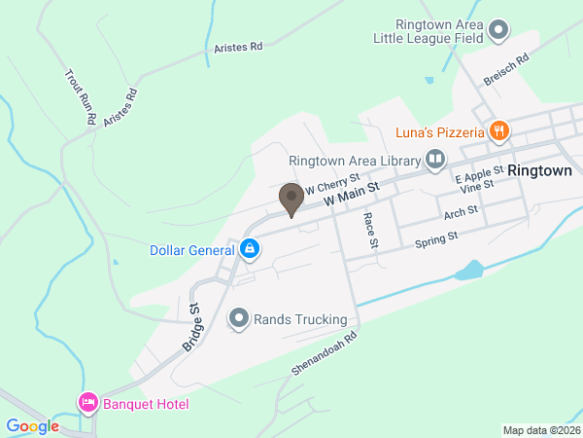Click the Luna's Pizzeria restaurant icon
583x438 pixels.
coord(499,130)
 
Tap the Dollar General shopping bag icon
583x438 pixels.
coord(251,250)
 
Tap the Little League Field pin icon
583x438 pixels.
coord(499,30)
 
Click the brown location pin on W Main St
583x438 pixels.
coord(291,200)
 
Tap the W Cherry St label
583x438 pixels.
coord(332,183)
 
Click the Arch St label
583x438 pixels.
coord(461,211)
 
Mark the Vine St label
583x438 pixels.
coord(477,185)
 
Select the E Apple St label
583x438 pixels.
coord(479,173)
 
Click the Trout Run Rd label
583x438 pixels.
coord(80,96)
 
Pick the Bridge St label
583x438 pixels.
coord(190,327)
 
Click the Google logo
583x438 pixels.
coord(33,425)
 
